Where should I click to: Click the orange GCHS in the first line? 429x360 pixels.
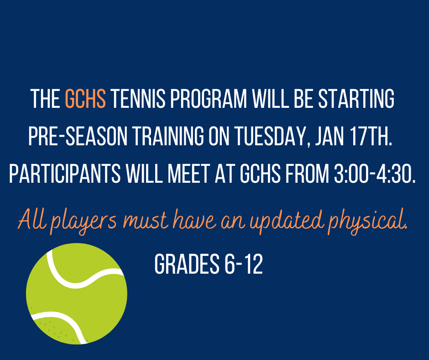click(85, 99)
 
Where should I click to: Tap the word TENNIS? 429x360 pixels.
click(138, 99)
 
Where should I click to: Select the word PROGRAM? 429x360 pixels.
click(209, 99)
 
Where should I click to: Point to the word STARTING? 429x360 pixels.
click(356, 99)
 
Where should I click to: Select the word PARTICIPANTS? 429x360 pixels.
click(65, 174)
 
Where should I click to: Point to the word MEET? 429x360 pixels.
click(188, 174)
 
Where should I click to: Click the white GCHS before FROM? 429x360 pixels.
click(260, 174)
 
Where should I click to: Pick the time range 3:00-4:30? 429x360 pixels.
click(375, 174)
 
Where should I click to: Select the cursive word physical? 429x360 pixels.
click(368, 222)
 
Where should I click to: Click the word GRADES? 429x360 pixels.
click(187, 264)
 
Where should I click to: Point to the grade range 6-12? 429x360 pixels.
click(244, 264)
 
